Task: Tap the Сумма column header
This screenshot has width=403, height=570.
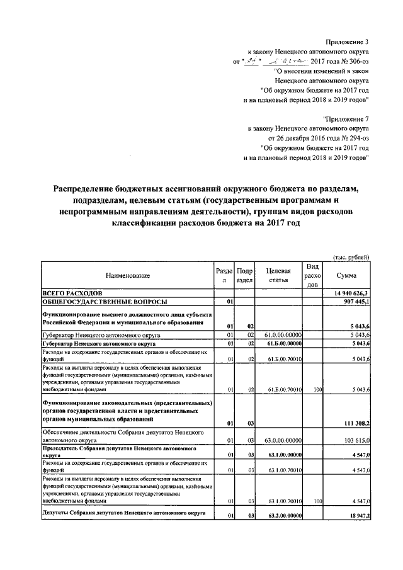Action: tap(346, 276)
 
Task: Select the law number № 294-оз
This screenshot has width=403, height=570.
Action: tap(353, 137)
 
